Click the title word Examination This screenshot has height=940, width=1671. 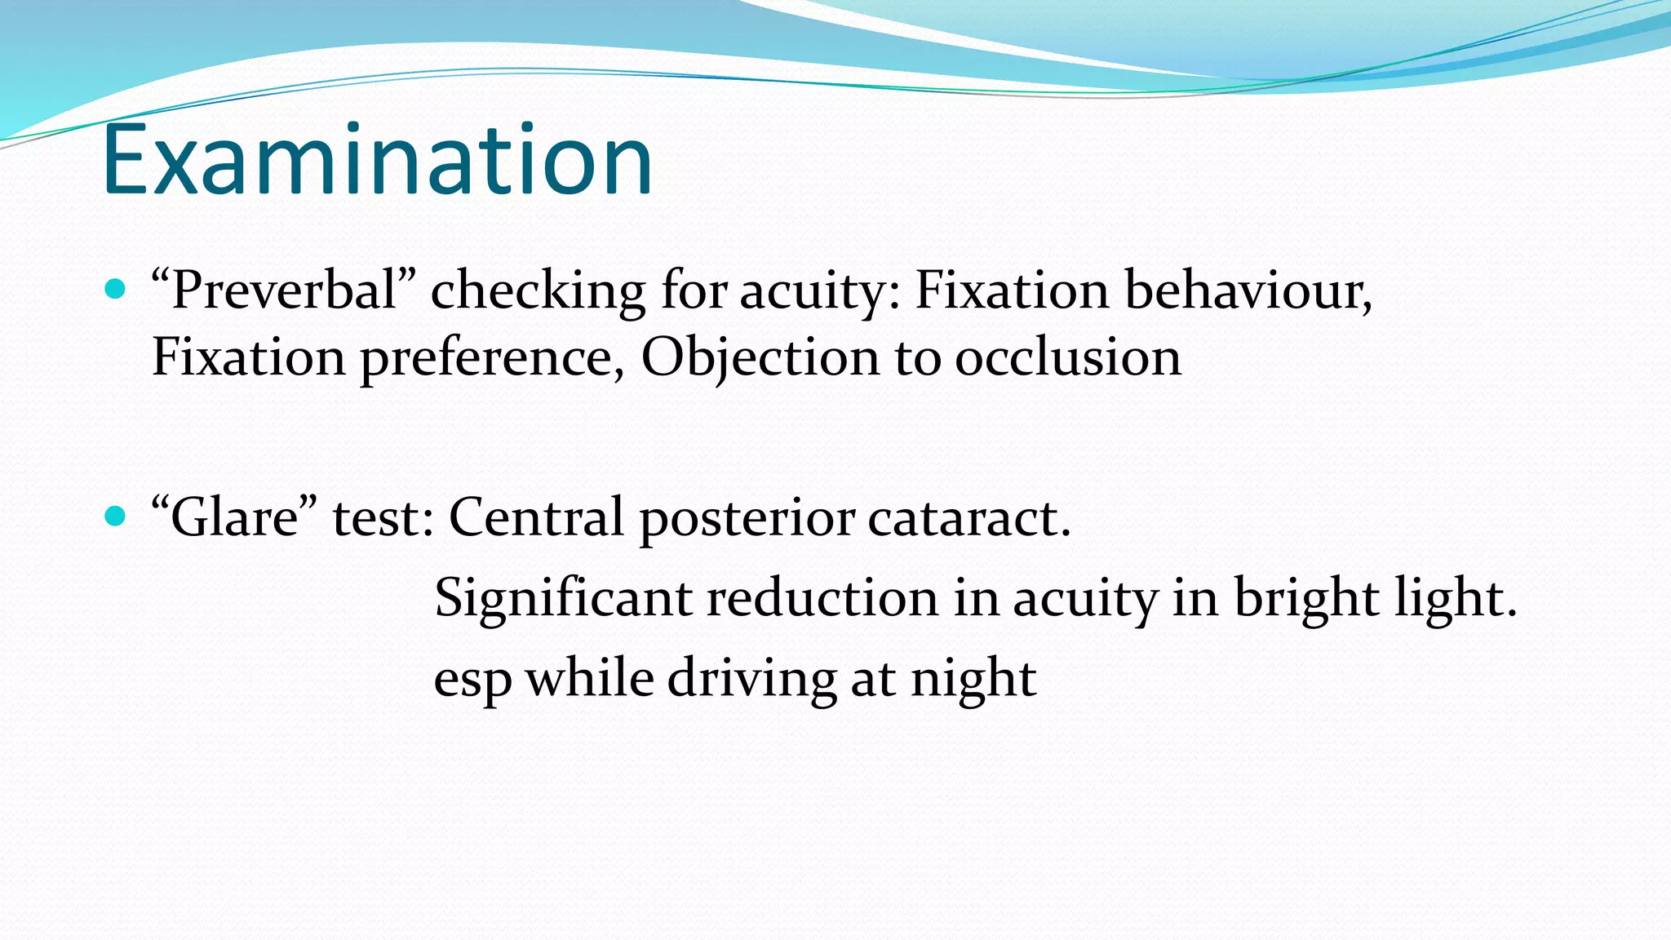tap(377, 161)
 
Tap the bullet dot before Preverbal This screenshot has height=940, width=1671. tap(116, 289)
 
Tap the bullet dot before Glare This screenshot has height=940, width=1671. tap(116, 516)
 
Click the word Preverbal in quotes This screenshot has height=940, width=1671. tap(284, 290)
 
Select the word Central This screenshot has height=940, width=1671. tap(536, 517)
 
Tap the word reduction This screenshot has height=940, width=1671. tap(822, 597)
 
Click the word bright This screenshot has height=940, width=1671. tap(1306, 598)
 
